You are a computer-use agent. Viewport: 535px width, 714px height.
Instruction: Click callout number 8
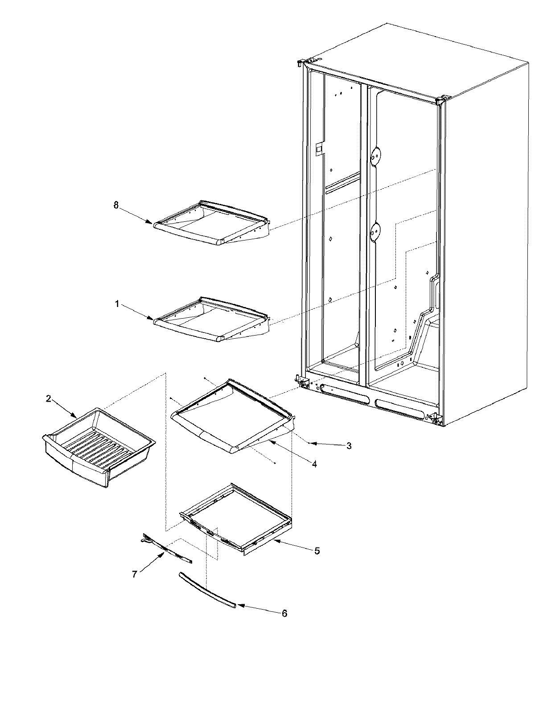(116, 205)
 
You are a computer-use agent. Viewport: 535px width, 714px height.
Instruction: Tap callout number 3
(349, 445)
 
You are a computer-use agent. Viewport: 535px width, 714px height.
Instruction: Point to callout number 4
(314, 464)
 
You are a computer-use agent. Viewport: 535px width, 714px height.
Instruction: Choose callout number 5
(317, 551)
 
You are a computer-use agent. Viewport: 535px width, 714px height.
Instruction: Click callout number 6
(284, 613)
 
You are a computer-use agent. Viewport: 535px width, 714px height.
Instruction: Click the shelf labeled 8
(212, 223)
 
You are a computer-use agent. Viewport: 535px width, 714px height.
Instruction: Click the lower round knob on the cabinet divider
(377, 231)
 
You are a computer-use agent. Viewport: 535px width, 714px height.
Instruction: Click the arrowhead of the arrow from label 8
(151, 222)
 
